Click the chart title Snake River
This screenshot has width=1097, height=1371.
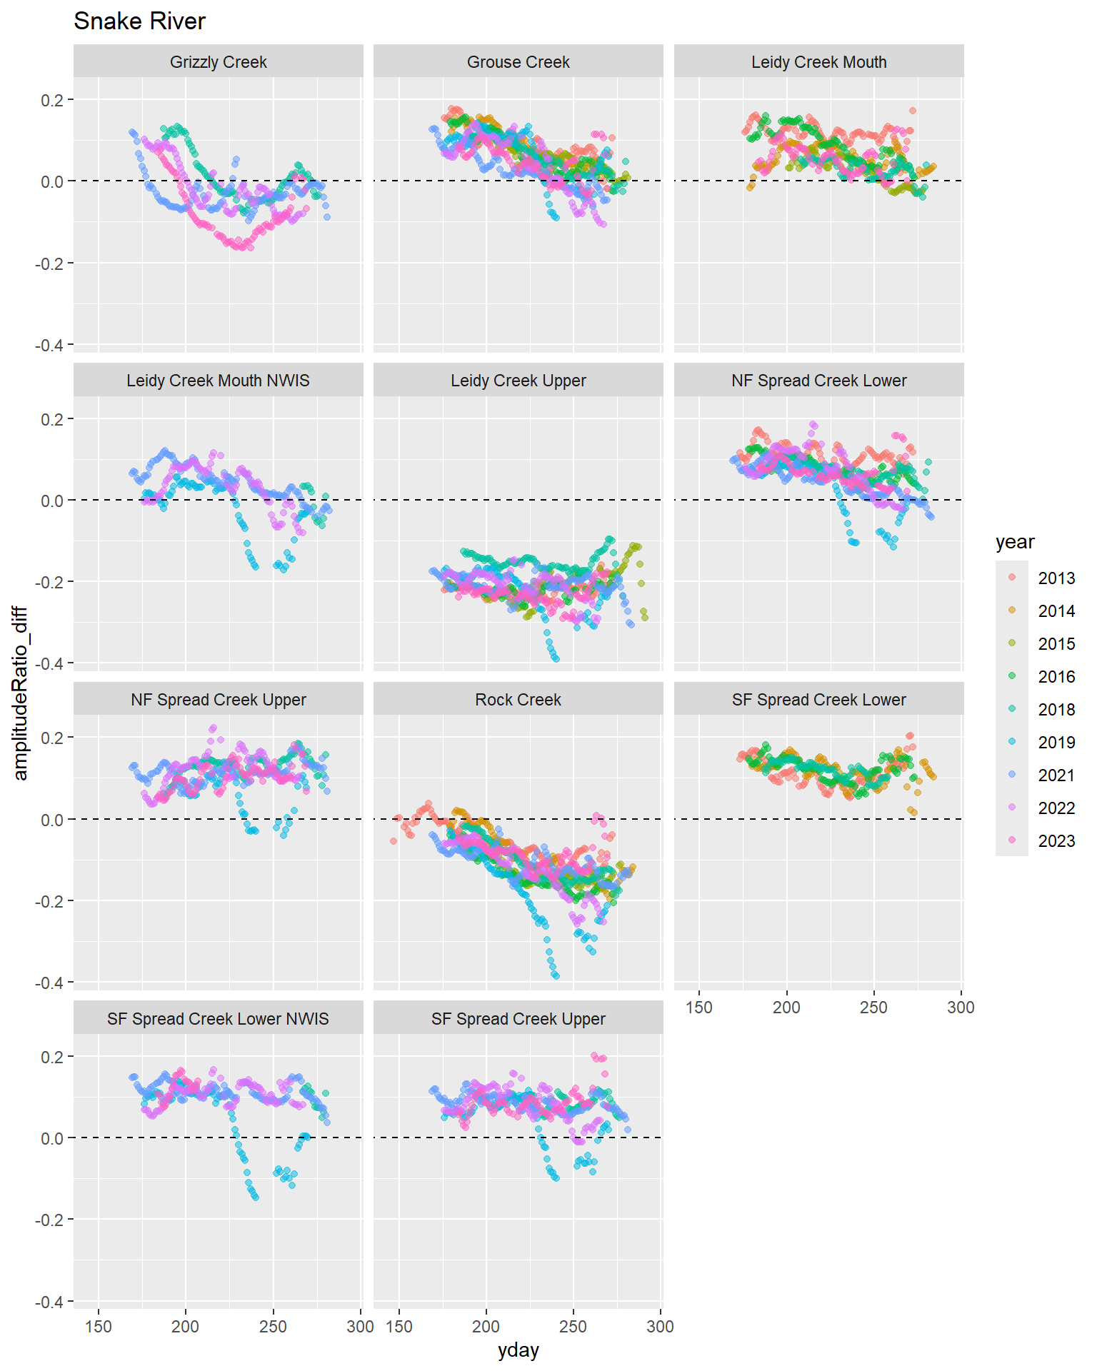[139, 21]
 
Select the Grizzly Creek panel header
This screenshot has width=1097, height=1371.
[218, 62]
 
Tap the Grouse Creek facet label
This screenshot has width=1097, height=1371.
[518, 62]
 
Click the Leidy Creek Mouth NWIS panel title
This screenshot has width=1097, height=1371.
[218, 381]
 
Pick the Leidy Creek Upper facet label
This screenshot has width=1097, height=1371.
[518, 381]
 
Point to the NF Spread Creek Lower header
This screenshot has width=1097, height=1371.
[818, 381]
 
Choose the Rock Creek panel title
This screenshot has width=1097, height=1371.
[518, 700]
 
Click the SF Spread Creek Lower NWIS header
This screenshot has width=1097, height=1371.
[218, 1019]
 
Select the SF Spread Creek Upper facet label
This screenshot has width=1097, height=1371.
[518, 1019]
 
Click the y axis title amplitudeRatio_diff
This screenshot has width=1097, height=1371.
[20, 693]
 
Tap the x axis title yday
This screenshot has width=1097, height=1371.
[518, 1350]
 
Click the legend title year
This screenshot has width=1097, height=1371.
[1014, 542]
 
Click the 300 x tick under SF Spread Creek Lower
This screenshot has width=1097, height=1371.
[961, 1008]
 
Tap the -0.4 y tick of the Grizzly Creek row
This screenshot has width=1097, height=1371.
[49, 346]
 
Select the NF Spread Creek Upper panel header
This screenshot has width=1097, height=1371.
[218, 700]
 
